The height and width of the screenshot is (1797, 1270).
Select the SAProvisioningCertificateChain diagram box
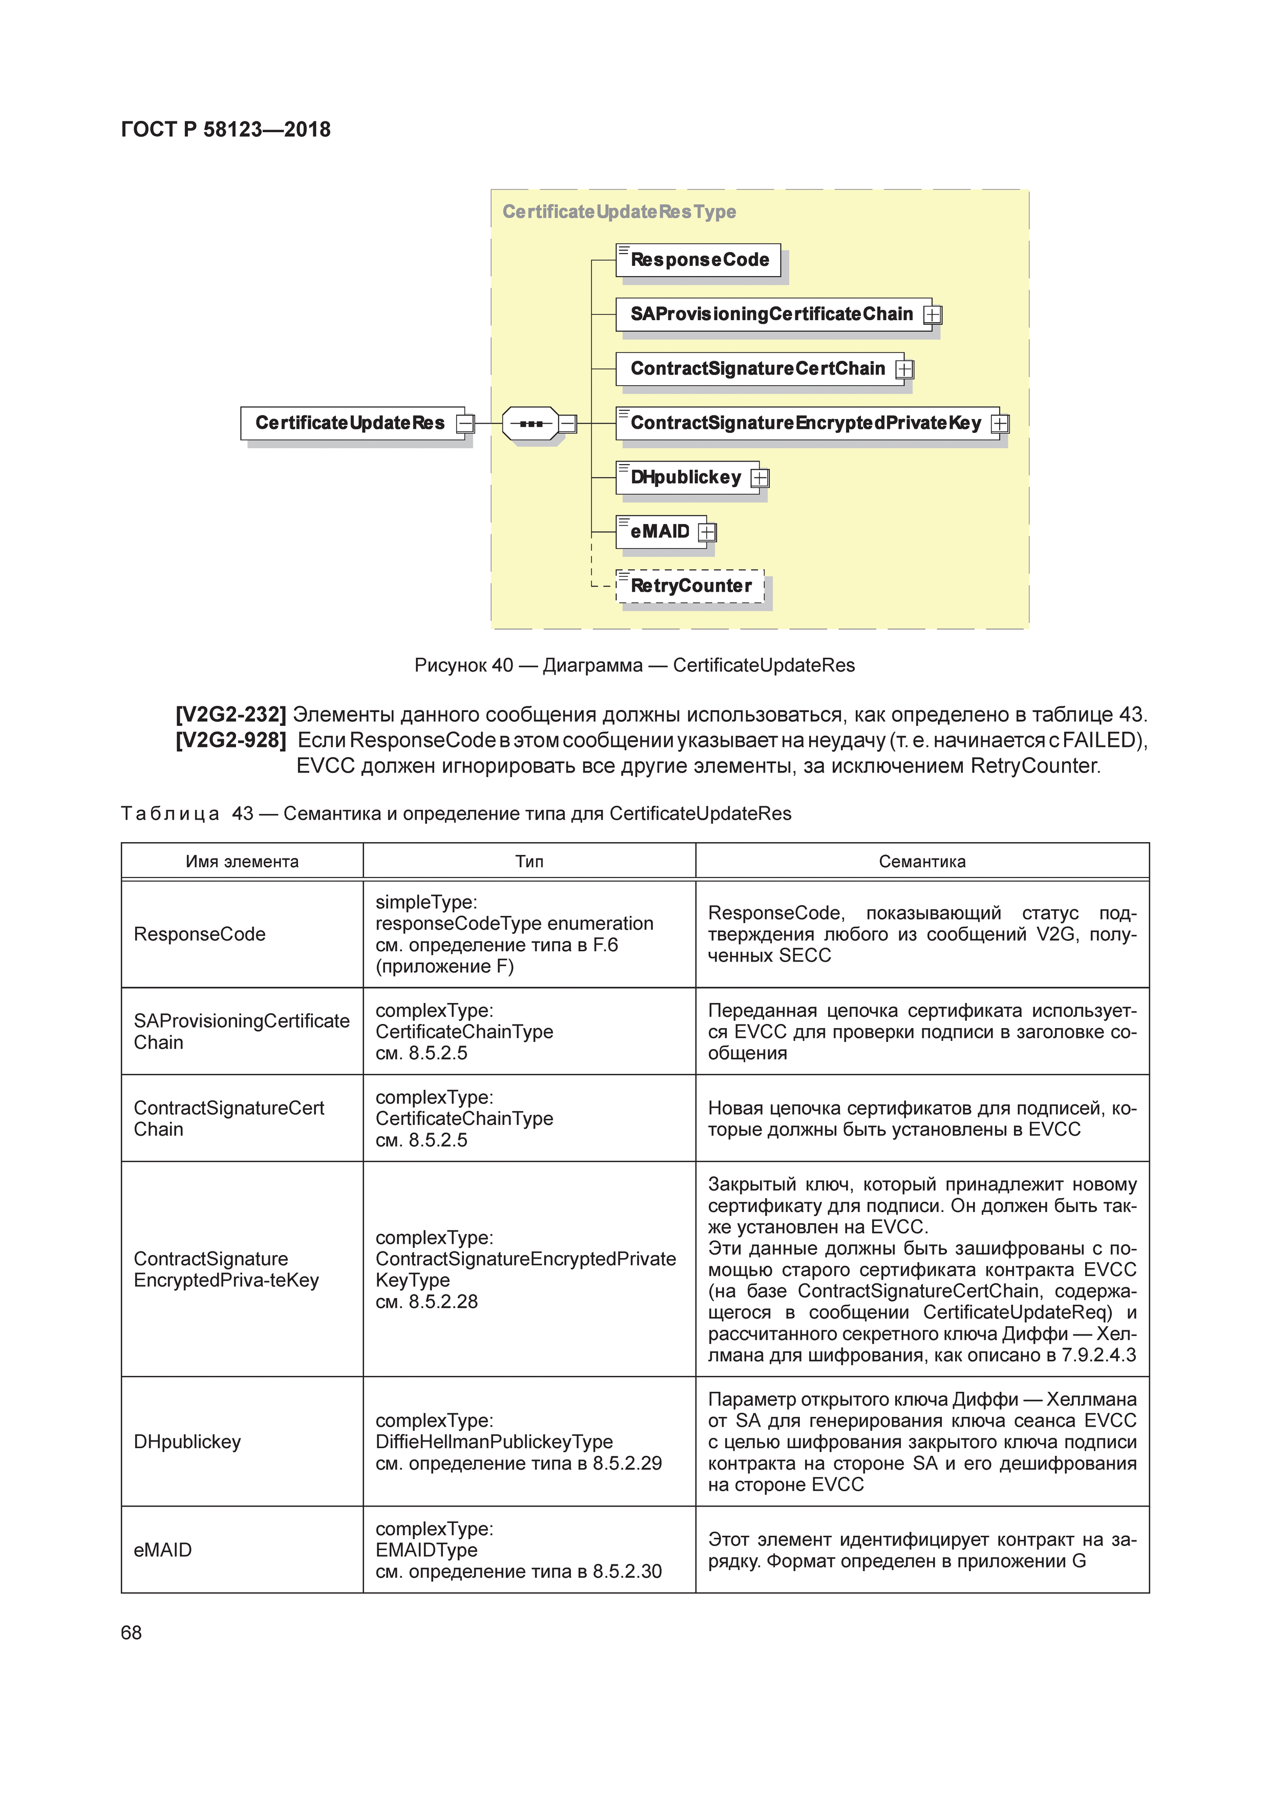point(772,314)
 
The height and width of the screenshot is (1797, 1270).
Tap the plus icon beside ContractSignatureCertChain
point(904,369)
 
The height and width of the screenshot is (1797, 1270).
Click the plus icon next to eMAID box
point(707,532)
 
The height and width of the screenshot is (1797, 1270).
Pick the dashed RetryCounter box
point(690,586)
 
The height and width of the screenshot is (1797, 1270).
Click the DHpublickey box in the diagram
point(686,477)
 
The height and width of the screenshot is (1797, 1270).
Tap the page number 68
point(132,1632)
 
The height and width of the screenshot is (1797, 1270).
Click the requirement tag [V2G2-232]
point(231,715)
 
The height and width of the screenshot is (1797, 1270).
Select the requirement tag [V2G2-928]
point(231,740)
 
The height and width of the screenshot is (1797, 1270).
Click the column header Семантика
point(922,862)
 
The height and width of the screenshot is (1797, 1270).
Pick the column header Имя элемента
point(242,862)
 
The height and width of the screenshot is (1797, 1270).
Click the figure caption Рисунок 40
point(634,665)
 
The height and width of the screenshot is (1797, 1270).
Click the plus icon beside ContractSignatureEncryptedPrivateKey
point(1000,424)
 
